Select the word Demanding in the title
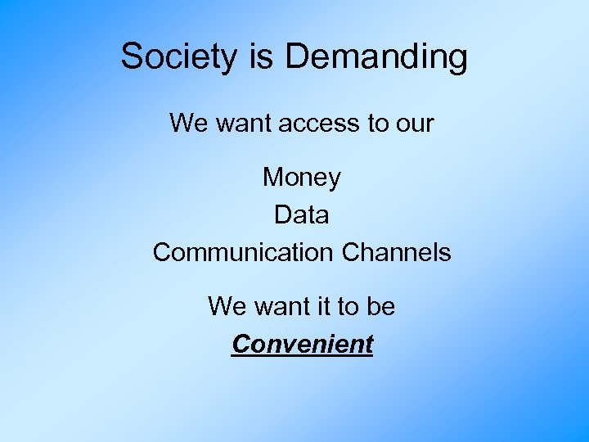click(x=376, y=57)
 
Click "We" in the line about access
click(x=189, y=124)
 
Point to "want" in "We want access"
click(x=245, y=124)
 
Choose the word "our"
click(x=414, y=124)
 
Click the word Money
click(x=302, y=177)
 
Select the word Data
click(x=302, y=214)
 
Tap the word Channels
click(x=397, y=252)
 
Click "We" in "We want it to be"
click(x=227, y=307)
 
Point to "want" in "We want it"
click(x=281, y=307)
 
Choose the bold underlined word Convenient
click(x=302, y=345)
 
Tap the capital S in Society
click(x=131, y=57)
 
